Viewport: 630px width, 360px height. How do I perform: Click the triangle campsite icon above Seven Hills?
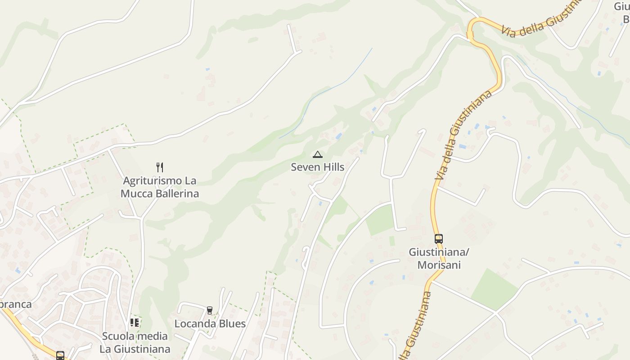pyautogui.click(x=318, y=155)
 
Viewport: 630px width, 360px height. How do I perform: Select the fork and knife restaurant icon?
pyautogui.click(x=160, y=167)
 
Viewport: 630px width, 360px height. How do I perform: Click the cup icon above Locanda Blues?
pyautogui.click(x=209, y=310)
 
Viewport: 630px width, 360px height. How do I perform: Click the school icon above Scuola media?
pyautogui.click(x=135, y=323)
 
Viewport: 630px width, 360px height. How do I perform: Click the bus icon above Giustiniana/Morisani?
pyautogui.click(x=439, y=239)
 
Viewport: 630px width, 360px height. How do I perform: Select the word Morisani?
pyautogui.click(x=439, y=265)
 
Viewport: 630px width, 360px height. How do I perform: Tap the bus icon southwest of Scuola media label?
pyautogui.click(x=60, y=355)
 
